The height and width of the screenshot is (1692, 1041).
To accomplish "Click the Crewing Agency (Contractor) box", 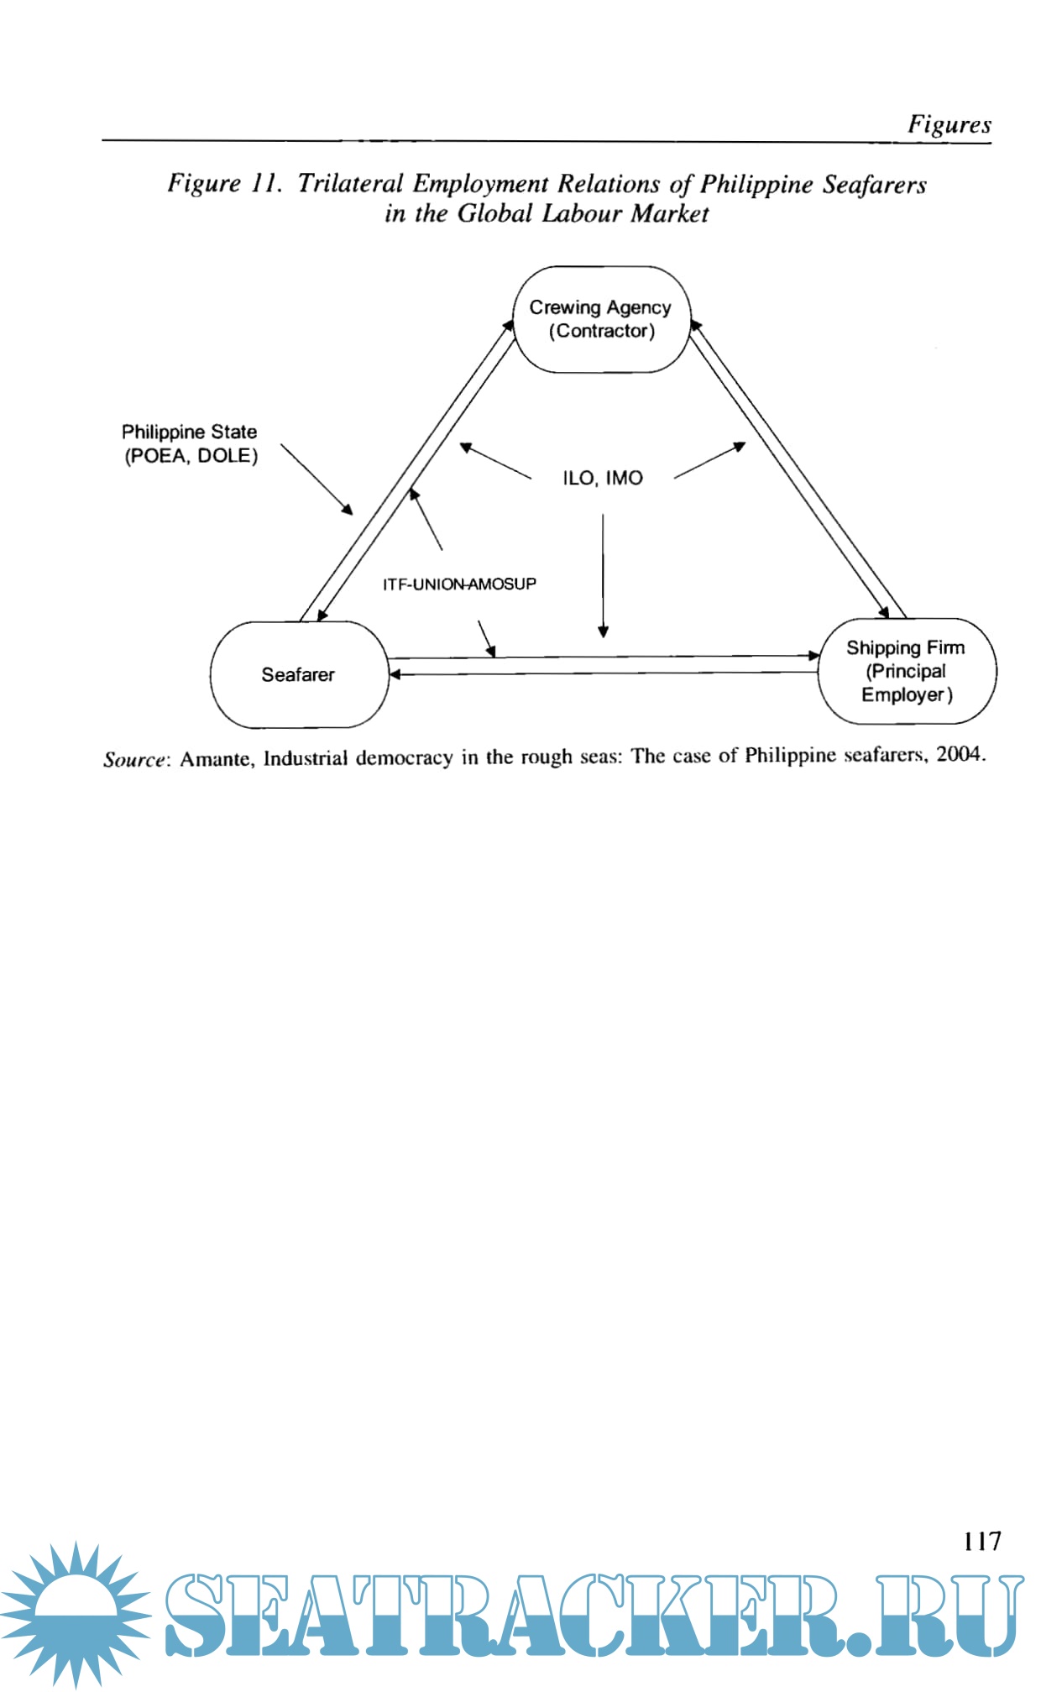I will coord(600,319).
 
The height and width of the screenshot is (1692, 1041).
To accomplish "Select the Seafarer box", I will coord(299,674).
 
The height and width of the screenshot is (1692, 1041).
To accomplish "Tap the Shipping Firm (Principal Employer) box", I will coord(907,671).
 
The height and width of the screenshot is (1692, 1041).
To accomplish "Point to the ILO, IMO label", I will coord(603,478).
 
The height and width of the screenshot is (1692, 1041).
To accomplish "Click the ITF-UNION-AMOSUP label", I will coord(459,584).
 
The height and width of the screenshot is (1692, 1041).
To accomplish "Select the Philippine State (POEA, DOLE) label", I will coord(190,443).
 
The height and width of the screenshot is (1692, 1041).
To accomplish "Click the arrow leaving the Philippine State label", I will coord(316,479).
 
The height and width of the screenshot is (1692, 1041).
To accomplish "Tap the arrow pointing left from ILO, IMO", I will coord(495,461).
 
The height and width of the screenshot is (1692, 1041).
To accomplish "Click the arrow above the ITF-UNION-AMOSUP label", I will coord(426,520).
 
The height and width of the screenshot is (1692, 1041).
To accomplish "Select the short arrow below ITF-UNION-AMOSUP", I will coord(486,638).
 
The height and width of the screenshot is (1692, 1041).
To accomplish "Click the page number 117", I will coord(981,1541).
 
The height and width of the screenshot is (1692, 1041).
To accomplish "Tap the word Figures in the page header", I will coord(949,124).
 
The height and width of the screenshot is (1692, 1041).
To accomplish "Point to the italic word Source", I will coord(134,759).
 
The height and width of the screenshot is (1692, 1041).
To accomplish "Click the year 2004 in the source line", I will coord(959,753).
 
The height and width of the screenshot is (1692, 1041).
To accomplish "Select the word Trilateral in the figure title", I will coord(350,183).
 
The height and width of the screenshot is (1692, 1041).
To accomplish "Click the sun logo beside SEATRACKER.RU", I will coord(76,1614).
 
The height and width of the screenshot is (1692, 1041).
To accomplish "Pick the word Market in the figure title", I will coord(670,213).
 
